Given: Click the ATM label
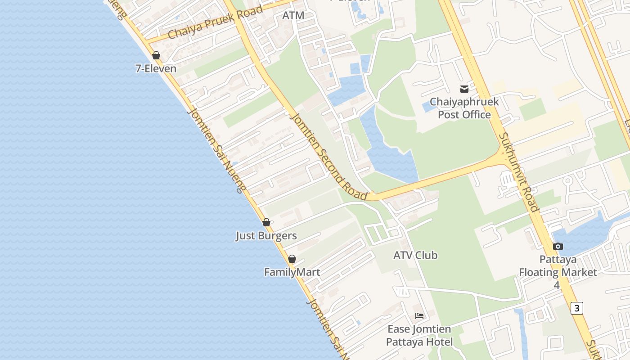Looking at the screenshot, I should (293, 15).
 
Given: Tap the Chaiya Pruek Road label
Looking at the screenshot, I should (215, 22).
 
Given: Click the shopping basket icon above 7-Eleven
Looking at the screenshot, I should (156, 55).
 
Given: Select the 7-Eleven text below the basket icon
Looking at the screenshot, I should (156, 68).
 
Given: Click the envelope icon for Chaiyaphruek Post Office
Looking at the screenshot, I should (464, 89).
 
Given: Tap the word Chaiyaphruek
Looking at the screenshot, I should (464, 102).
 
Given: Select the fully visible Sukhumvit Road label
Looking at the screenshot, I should (519, 172).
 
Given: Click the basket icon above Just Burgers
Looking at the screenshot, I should (266, 222).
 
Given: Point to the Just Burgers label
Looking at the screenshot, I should (266, 236).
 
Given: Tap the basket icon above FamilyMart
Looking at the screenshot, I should (292, 259).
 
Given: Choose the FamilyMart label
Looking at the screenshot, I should (292, 272).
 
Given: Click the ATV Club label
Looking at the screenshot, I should (415, 255).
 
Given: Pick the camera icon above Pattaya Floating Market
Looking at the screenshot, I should (558, 246).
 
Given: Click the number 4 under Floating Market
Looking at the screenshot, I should (557, 285).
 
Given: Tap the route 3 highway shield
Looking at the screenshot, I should (576, 308).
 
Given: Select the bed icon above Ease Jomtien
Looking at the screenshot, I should (419, 315).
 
